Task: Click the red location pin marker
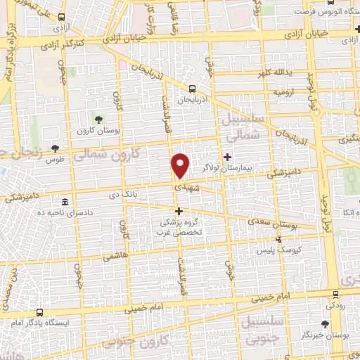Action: pyautogui.click(x=181, y=166)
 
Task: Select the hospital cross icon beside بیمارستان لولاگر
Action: pyautogui.click(x=227, y=157)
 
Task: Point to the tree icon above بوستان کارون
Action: pyautogui.click(x=98, y=120)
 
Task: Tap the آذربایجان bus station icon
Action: pyautogui.click(x=193, y=89)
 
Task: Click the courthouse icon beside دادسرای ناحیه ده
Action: pyautogui.click(x=65, y=201)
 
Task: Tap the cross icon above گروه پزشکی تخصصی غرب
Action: pyautogui.click(x=179, y=211)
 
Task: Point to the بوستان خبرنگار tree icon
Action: pyautogui.click(x=324, y=324)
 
